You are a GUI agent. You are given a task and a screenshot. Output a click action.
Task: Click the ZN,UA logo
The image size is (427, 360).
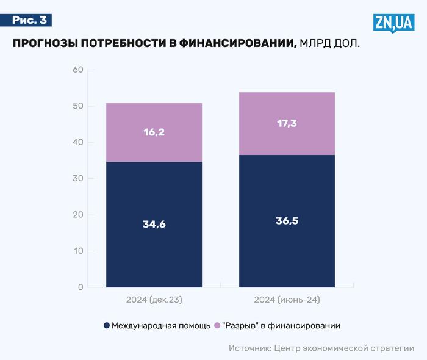(x=393, y=23)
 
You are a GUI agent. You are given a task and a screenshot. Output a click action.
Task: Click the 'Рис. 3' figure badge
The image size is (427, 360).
(x=30, y=20)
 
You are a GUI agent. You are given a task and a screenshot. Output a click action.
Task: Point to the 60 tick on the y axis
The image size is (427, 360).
(x=77, y=70)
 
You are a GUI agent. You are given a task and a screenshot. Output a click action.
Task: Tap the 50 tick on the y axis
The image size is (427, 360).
(x=77, y=106)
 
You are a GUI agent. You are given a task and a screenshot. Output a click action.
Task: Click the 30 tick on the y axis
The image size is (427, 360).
(x=77, y=179)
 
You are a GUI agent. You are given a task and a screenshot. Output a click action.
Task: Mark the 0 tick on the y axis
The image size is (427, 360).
(x=80, y=287)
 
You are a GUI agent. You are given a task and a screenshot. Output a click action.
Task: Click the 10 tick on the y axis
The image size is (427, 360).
(x=77, y=251)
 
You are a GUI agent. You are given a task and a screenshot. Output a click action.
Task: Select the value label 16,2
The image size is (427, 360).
(x=154, y=132)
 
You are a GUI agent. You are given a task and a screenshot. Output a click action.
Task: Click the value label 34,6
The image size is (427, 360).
(x=154, y=224)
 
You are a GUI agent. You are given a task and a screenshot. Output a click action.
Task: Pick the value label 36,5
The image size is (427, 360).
(x=287, y=221)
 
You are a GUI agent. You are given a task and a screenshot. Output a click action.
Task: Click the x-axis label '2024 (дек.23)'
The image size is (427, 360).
(x=154, y=300)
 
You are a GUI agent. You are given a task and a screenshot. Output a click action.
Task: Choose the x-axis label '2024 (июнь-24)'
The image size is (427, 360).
(x=287, y=300)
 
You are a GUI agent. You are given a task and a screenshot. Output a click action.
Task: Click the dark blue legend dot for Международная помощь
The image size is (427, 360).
(x=107, y=326)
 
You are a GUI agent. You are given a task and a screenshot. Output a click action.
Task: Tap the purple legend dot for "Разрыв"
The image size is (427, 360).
(x=217, y=326)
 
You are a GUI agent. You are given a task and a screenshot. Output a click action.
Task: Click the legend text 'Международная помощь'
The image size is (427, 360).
(x=161, y=326)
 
